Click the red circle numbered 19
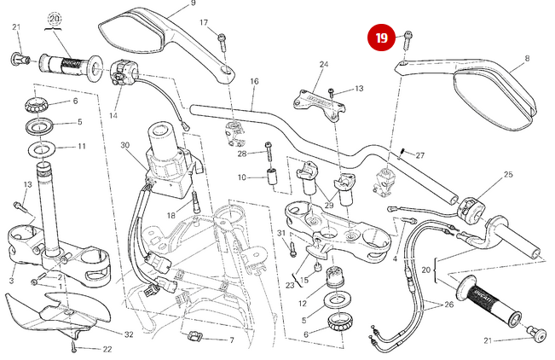tap(382, 38)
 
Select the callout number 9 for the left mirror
tap(193, 4)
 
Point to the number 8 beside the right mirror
tap(527, 59)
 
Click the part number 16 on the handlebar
tap(254, 82)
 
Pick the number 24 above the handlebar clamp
tap(324, 65)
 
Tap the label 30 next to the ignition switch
tap(124, 146)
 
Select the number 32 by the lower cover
tap(129, 334)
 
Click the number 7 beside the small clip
tap(230, 340)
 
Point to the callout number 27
tap(419, 155)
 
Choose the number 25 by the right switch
tap(508, 175)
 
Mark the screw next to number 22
tap(75, 348)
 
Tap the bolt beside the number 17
tap(223, 38)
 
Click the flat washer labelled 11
tap(40, 149)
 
